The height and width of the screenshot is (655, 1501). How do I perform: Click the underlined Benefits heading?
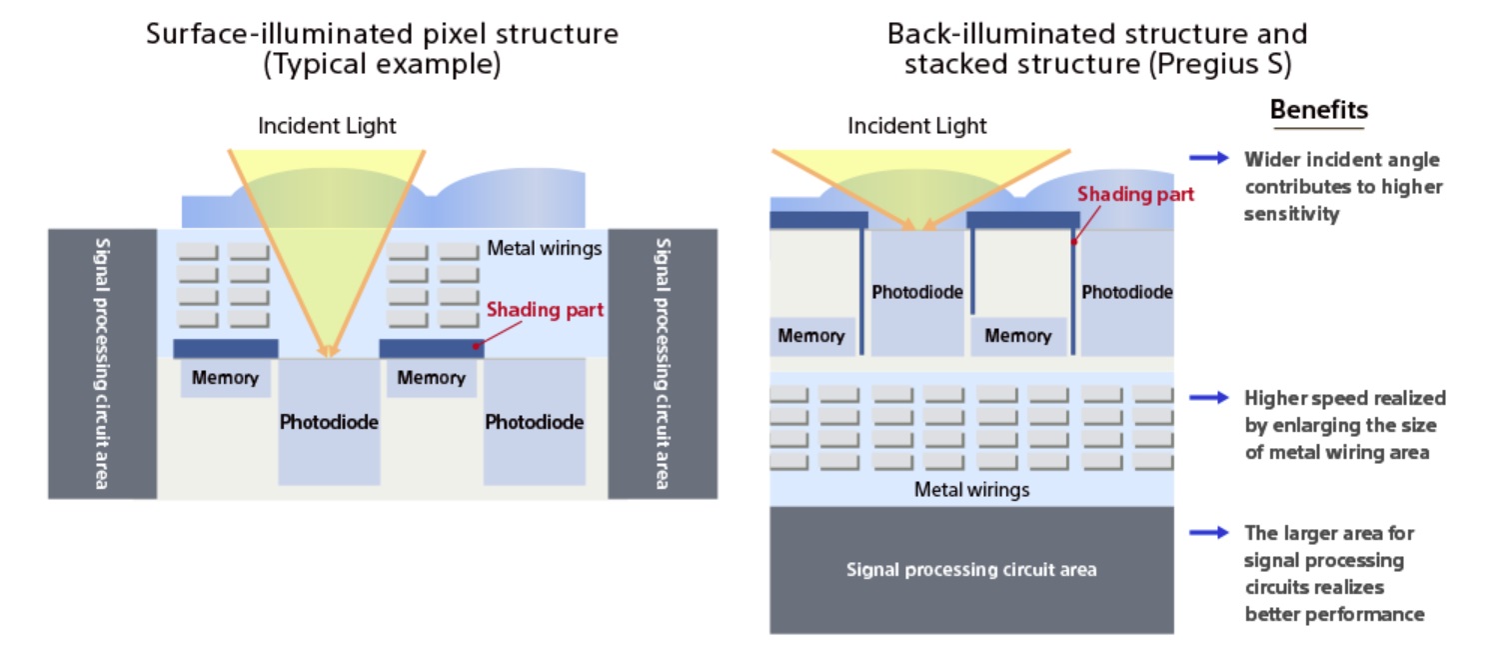tap(1318, 110)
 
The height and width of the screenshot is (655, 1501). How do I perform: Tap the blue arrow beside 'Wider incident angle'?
tap(1208, 158)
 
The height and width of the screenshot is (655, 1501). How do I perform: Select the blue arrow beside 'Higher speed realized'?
tap(1208, 398)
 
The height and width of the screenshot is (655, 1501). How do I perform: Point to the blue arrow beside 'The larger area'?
tap(1208, 532)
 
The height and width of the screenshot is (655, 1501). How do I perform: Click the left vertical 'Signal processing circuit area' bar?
tap(103, 364)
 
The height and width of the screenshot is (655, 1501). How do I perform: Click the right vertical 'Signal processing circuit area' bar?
tap(662, 364)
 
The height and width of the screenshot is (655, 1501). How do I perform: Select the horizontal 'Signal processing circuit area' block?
tap(971, 570)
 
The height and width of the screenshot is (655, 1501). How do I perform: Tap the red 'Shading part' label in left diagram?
tap(545, 310)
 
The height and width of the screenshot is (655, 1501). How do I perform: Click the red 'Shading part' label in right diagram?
tap(1135, 194)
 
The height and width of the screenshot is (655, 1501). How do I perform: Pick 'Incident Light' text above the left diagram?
tap(327, 126)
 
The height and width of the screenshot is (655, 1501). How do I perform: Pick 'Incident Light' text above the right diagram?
tap(916, 126)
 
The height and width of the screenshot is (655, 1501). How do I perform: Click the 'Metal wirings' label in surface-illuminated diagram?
tap(545, 248)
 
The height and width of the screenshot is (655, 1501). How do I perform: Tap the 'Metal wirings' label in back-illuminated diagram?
tap(971, 490)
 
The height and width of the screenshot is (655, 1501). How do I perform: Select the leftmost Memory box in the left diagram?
tap(225, 378)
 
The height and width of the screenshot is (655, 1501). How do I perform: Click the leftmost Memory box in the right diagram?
tap(810, 336)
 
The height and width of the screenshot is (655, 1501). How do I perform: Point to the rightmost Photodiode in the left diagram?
tap(534, 422)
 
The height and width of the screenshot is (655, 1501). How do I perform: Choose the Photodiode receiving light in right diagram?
tap(917, 293)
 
